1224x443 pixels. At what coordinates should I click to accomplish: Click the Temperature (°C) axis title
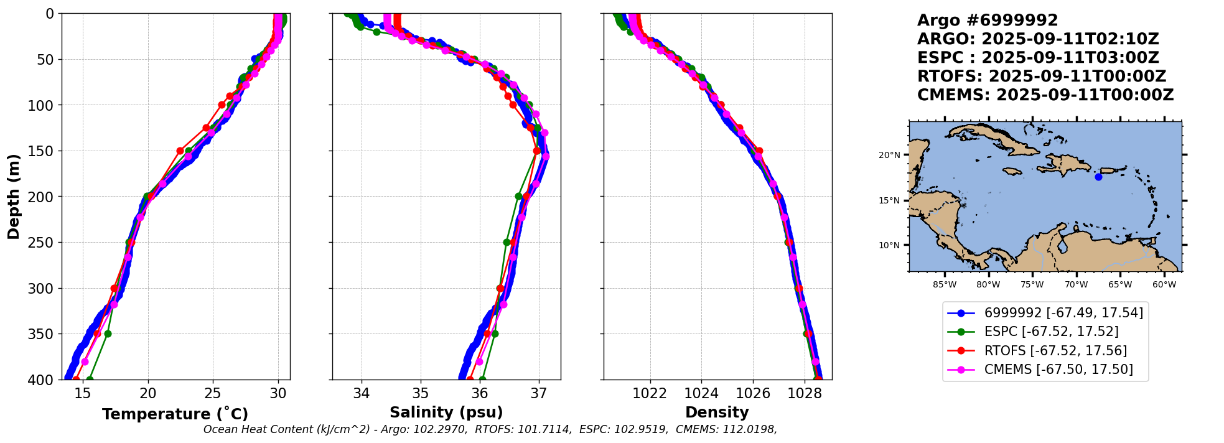pos(175,414)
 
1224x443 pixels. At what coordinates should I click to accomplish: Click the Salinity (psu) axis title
pos(446,413)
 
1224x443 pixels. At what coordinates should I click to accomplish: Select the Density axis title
pos(717,413)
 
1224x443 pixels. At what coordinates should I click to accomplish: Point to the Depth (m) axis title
pos(14,197)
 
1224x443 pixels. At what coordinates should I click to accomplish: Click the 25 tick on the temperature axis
pos(213,393)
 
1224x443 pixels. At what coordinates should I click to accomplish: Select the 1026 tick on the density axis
pos(753,393)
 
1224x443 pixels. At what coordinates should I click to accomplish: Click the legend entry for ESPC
pos(1051,332)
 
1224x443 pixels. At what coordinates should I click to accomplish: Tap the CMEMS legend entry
pos(1058,370)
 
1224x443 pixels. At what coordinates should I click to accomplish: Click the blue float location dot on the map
pos(1098,177)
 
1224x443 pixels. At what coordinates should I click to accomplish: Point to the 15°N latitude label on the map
pos(889,200)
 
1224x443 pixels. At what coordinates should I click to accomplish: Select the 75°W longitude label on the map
pos(1032,285)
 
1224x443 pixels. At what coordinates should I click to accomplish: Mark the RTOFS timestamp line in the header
pos(1042,77)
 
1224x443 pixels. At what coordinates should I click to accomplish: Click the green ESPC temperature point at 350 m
pos(108,333)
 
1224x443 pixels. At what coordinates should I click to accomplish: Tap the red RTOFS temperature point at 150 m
pos(180,151)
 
